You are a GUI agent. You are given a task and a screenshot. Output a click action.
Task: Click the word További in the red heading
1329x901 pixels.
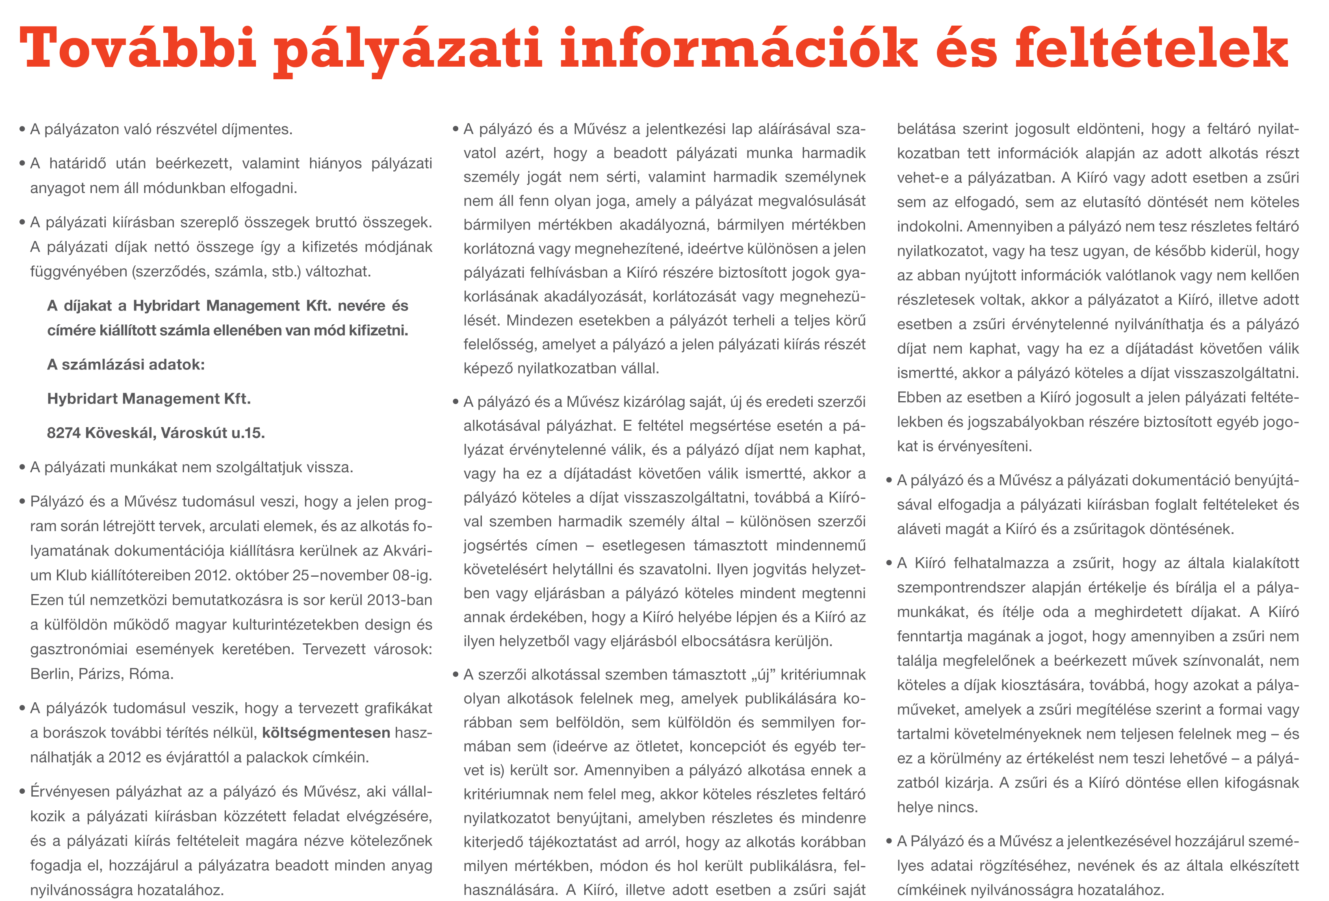tap(137, 49)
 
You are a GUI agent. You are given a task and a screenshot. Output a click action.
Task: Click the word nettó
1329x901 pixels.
tap(169, 247)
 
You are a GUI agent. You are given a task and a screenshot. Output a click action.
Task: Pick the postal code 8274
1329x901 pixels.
tap(63, 433)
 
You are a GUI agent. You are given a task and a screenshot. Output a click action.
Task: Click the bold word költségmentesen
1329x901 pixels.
tap(326, 733)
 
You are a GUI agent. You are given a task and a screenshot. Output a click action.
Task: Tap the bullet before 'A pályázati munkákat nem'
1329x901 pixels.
tap(22, 468)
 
